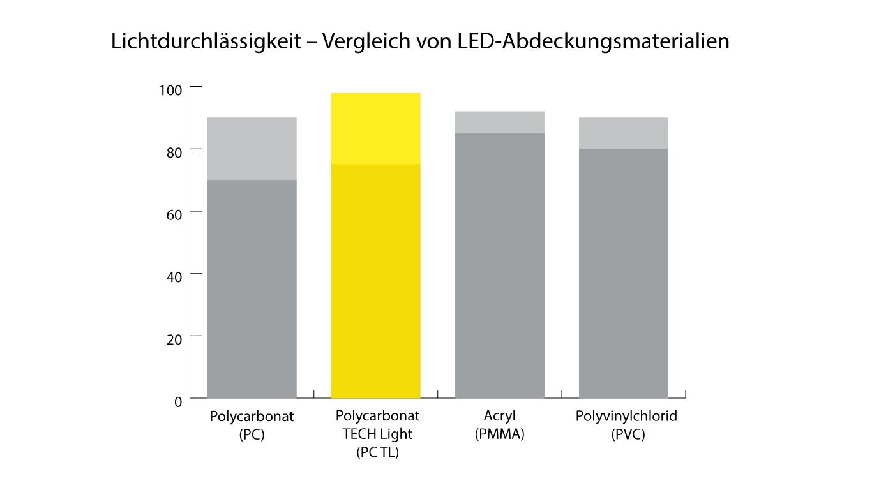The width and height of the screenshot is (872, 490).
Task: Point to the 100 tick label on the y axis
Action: pyautogui.click(x=170, y=90)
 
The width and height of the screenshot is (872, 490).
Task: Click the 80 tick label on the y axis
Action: pyautogui.click(x=174, y=152)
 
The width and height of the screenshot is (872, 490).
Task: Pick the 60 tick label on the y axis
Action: pyautogui.click(x=174, y=214)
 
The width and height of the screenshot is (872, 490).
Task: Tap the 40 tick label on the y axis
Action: pyautogui.click(x=174, y=276)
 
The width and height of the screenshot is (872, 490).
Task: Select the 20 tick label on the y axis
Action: pyautogui.click(x=174, y=338)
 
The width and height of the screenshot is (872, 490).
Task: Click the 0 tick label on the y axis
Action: pyautogui.click(x=178, y=401)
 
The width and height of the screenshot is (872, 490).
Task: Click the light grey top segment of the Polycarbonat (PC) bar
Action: pyautogui.click(x=252, y=149)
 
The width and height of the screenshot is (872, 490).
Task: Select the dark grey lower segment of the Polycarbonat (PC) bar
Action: pyautogui.click(x=252, y=287)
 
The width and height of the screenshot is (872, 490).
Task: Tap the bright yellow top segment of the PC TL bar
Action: pyautogui.click(x=375, y=128)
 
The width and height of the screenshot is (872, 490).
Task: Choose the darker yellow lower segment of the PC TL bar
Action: pyautogui.click(x=375, y=281)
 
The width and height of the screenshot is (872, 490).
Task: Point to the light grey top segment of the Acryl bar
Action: pyautogui.click(x=499, y=122)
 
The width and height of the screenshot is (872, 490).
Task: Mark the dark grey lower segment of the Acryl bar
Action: pyautogui.click(x=499, y=265)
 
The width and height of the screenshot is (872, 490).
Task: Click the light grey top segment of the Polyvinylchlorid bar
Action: pyautogui.click(x=623, y=133)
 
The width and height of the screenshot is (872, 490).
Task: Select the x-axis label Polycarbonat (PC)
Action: pyautogui.click(x=252, y=426)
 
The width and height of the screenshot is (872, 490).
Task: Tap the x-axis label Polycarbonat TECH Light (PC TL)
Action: pyautogui.click(x=377, y=434)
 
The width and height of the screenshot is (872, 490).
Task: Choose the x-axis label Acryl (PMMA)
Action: pyautogui.click(x=499, y=426)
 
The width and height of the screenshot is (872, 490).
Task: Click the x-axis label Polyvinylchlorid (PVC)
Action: pyautogui.click(x=626, y=426)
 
